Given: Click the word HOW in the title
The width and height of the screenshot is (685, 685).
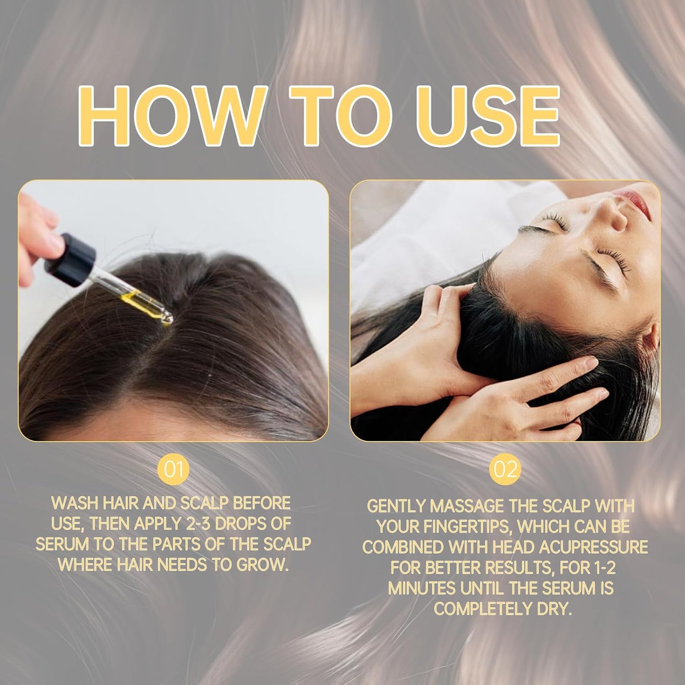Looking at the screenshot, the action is [x=173, y=116].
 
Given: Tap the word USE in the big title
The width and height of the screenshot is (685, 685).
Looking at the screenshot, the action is [x=488, y=116].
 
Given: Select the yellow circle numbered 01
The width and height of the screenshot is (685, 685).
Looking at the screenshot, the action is [x=173, y=470].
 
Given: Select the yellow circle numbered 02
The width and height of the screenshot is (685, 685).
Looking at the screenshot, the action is [x=505, y=470].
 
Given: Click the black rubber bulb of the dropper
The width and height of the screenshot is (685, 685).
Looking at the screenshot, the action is [x=70, y=260].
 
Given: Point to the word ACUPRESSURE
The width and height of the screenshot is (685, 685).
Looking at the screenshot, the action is [x=594, y=548].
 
